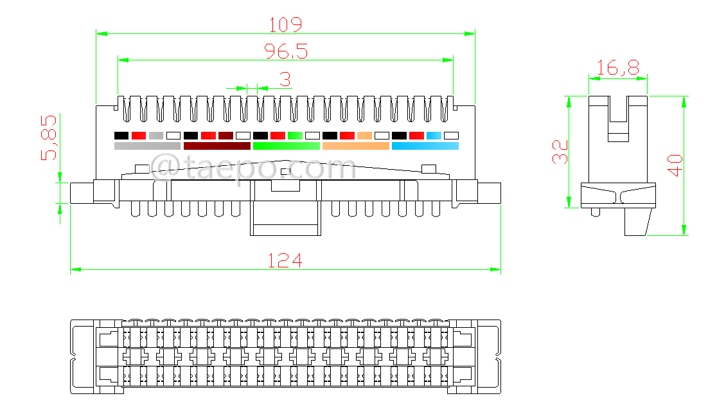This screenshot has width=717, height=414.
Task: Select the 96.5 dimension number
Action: click(x=286, y=51)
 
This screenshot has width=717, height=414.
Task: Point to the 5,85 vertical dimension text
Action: click(x=49, y=137)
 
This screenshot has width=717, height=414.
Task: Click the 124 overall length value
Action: click(x=285, y=261)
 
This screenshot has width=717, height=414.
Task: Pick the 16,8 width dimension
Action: click(x=617, y=68)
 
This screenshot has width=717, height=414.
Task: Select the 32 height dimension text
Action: click(x=561, y=152)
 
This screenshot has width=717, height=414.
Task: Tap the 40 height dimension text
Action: click(x=674, y=165)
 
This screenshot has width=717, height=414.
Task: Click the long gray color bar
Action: click(x=147, y=146)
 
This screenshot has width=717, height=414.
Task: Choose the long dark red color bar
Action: click(x=217, y=146)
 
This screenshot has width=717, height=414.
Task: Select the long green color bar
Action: click(x=286, y=146)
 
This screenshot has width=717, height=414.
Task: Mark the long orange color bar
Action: click(x=355, y=146)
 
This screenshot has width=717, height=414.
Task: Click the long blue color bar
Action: click(x=425, y=146)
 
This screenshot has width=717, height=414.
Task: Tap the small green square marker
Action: click(x=295, y=136)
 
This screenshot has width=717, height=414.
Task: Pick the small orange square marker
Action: click(x=364, y=136)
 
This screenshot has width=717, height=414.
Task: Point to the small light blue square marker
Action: click(x=434, y=136)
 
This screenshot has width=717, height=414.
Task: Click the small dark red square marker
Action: click(x=226, y=136)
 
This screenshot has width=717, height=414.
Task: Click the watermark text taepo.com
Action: click(x=254, y=169)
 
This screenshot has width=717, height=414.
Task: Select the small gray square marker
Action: click(x=156, y=136)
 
